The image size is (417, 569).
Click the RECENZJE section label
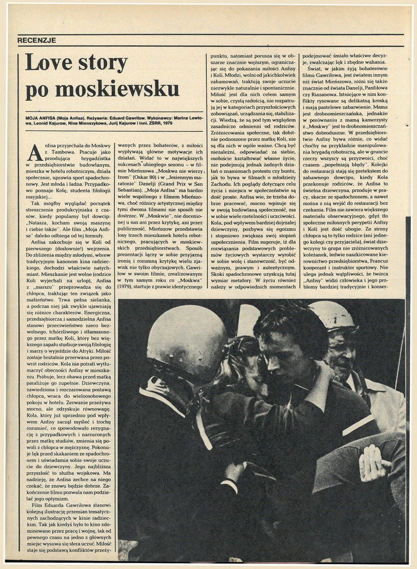37,40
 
